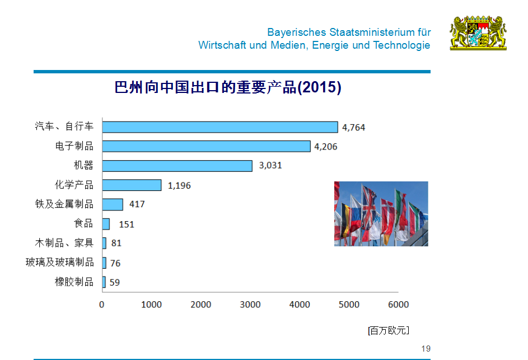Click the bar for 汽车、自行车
click(x=220, y=127)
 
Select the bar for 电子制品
click(x=206, y=146)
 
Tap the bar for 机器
click(x=177, y=166)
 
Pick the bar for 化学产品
click(x=132, y=185)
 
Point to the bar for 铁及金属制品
click(x=113, y=204)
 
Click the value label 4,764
click(x=353, y=128)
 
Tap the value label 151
click(x=127, y=224)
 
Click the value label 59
click(x=114, y=282)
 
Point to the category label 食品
click(x=83, y=223)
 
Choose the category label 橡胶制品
click(x=74, y=282)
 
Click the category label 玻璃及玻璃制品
click(x=60, y=262)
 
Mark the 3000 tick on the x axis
click(x=250, y=305)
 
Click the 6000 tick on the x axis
click(x=398, y=305)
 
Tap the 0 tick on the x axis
click(x=102, y=305)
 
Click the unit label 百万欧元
click(x=388, y=330)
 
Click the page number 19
click(x=426, y=349)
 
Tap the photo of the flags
click(x=381, y=213)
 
